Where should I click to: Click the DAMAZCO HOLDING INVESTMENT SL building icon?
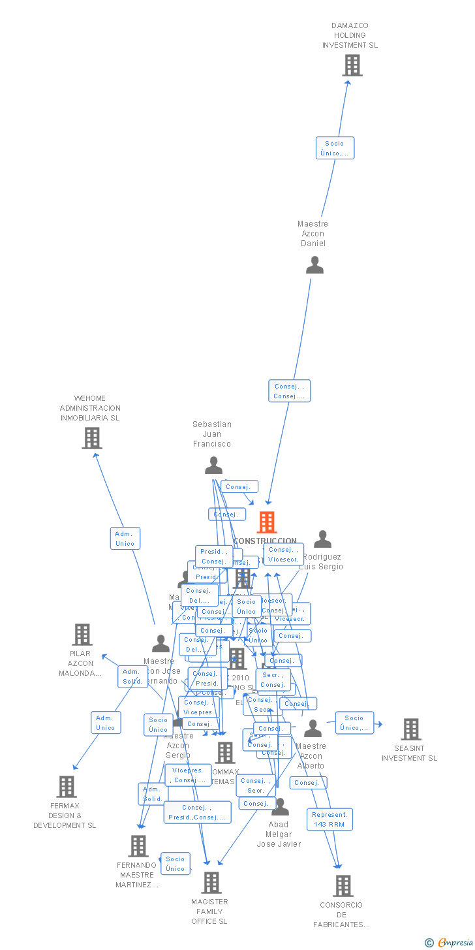click(352, 65)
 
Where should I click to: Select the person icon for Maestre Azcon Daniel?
click(314, 265)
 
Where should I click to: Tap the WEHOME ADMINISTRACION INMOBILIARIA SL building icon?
click(92, 438)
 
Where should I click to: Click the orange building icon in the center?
click(267, 522)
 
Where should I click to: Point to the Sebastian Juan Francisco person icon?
click(213, 466)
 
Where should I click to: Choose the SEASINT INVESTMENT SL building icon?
click(411, 729)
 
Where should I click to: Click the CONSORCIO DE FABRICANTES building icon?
click(343, 886)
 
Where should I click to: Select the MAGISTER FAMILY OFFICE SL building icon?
click(211, 883)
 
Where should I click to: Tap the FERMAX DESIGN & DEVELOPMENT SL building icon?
click(67, 787)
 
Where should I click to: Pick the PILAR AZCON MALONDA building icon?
click(82, 635)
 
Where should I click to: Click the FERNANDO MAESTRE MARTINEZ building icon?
click(138, 846)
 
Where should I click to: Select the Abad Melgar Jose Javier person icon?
click(280, 808)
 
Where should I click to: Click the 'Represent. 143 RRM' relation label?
click(329, 819)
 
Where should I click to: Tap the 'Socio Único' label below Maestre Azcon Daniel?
click(335, 148)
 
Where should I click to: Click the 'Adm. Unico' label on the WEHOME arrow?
click(125, 539)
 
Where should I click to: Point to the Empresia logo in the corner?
click(451, 942)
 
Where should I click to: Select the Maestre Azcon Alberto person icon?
click(313, 729)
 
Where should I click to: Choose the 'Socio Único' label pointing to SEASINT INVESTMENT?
click(354, 723)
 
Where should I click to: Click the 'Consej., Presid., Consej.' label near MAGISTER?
click(197, 812)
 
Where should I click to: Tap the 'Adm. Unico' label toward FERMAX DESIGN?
click(106, 723)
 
